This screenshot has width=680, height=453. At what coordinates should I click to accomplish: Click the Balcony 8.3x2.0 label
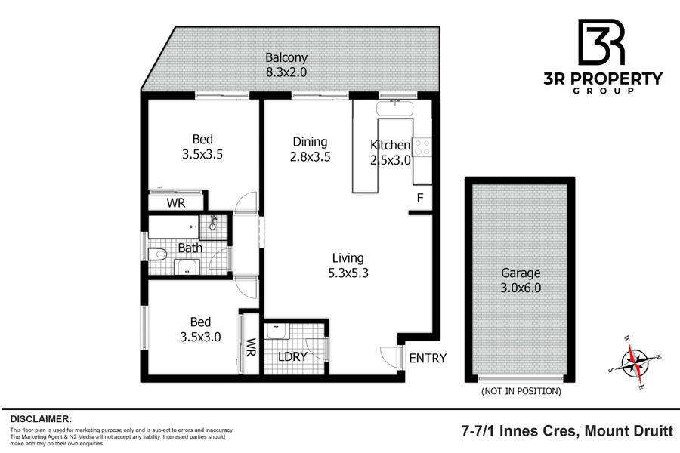[x=286, y=65]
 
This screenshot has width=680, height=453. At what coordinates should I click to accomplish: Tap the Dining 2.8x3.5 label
[x=310, y=149]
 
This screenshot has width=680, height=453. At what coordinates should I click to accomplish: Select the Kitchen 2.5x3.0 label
[x=391, y=153]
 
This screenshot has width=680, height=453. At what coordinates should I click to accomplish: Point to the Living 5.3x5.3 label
[x=348, y=265]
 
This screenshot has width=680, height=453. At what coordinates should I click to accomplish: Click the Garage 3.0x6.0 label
[x=521, y=280]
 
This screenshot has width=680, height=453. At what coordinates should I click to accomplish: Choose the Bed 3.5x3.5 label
[x=202, y=146]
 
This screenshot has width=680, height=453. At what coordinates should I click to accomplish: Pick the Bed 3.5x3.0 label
[x=200, y=329]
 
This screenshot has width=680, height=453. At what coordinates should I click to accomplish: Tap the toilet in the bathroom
[x=157, y=254]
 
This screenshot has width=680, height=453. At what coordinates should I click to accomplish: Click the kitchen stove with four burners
[x=422, y=146]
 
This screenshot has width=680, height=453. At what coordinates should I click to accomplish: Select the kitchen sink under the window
[x=394, y=108]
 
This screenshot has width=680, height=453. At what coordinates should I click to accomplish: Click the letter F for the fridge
[x=420, y=198]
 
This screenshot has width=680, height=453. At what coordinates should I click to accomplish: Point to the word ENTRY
[x=428, y=358]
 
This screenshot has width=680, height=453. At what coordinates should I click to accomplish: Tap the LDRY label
[x=292, y=357]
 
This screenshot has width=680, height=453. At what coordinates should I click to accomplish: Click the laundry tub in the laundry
[x=277, y=331]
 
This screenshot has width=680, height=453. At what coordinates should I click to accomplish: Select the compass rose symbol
[x=635, y=362]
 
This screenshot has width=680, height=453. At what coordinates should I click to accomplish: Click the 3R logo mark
[x=602, y=42]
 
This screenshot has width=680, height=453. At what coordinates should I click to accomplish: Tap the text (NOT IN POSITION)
[x=521, y=391]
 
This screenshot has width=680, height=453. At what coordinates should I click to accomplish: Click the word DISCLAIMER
[x=41, y=419]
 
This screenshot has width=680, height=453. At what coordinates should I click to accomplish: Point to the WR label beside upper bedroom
[x=175, y=203]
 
